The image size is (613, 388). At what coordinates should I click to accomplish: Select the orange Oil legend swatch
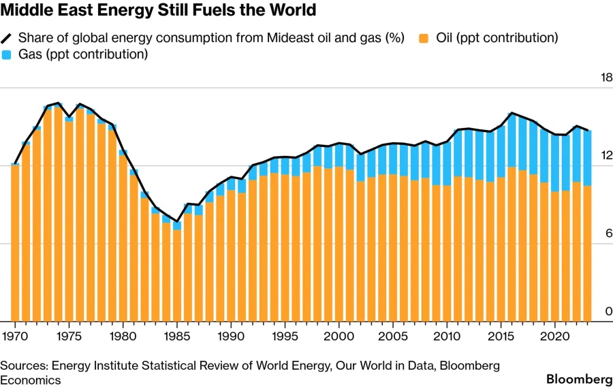424,38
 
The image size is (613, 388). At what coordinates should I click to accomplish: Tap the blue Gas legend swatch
8,54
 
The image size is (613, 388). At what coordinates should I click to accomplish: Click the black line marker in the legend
8,38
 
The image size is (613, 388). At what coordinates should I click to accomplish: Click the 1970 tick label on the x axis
14,336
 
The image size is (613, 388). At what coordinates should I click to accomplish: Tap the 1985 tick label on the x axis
177,336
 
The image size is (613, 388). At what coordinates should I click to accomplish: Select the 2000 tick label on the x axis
339,336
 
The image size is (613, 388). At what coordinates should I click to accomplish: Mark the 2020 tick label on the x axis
555,336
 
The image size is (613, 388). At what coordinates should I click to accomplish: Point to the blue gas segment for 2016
512,140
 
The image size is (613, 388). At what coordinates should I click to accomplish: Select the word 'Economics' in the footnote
31,380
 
